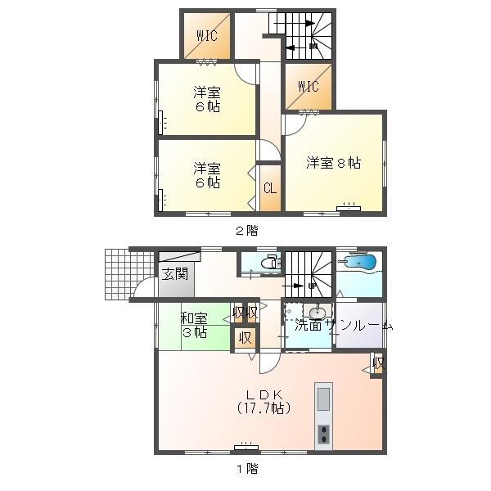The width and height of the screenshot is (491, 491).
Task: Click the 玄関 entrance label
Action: click(174, 273)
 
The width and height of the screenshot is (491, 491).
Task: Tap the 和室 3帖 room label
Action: click(194, 325)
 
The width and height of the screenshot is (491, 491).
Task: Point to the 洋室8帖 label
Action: click(334, 163)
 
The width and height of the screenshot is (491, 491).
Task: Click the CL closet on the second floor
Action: click(269, 187)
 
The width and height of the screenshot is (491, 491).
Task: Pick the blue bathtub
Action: click(360, 264)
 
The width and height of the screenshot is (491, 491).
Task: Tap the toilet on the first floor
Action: click(271, 264)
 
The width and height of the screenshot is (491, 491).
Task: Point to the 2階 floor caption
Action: click(245, 230)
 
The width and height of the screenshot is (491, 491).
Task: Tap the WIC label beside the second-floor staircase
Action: click(205, 37)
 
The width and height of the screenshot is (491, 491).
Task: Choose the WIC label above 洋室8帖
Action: click(309, 86)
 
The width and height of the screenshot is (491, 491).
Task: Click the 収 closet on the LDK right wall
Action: click(377, 363)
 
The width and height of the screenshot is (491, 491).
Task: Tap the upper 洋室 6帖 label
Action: click(206, 98)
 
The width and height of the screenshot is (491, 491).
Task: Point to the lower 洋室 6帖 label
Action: click(206, 176)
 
